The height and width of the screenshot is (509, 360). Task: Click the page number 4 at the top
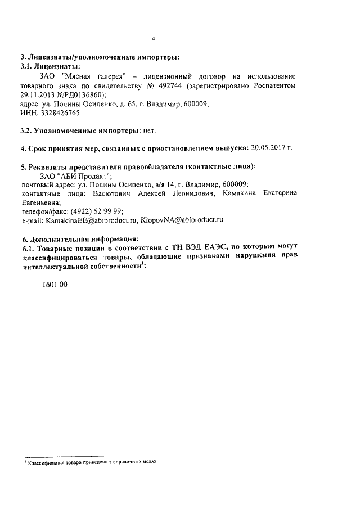[153, 39]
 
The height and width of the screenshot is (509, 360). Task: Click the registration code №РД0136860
[82, 94]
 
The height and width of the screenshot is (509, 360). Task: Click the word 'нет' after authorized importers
[148, 130]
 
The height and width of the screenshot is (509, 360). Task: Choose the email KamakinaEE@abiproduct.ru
[89, 220]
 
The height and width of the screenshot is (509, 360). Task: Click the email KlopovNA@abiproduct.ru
[178, 220]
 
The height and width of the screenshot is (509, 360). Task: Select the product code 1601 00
[55, 285]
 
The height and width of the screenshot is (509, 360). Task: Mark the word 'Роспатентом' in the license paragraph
[273, 85]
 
